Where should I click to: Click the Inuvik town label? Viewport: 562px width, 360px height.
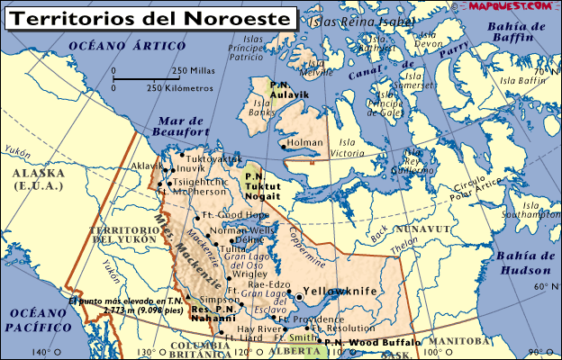pos(189,168)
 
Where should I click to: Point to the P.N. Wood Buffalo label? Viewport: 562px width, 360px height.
pos(371,343)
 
